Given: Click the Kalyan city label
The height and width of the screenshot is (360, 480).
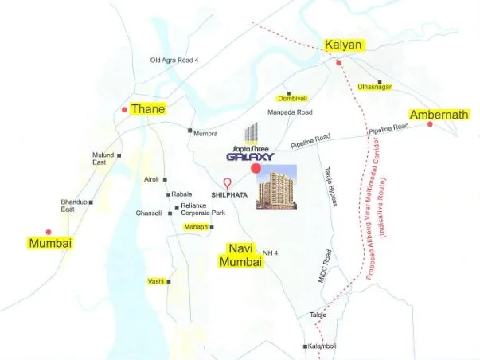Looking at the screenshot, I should tap(344, 45).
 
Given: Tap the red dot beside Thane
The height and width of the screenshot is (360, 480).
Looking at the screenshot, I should tap(123, 109).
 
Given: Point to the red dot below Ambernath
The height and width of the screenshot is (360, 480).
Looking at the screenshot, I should tap(431, 124).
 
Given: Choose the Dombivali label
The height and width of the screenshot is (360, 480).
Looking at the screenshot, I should tap(292, 98).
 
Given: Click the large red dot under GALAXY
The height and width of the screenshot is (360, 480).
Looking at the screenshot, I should tap(255, 169).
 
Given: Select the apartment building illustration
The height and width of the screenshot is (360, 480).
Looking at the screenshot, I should tap(276, 187).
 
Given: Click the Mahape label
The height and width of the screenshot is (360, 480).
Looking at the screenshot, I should tap(196, 227).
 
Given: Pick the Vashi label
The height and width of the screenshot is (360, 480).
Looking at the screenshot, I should tap(156, 281).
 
